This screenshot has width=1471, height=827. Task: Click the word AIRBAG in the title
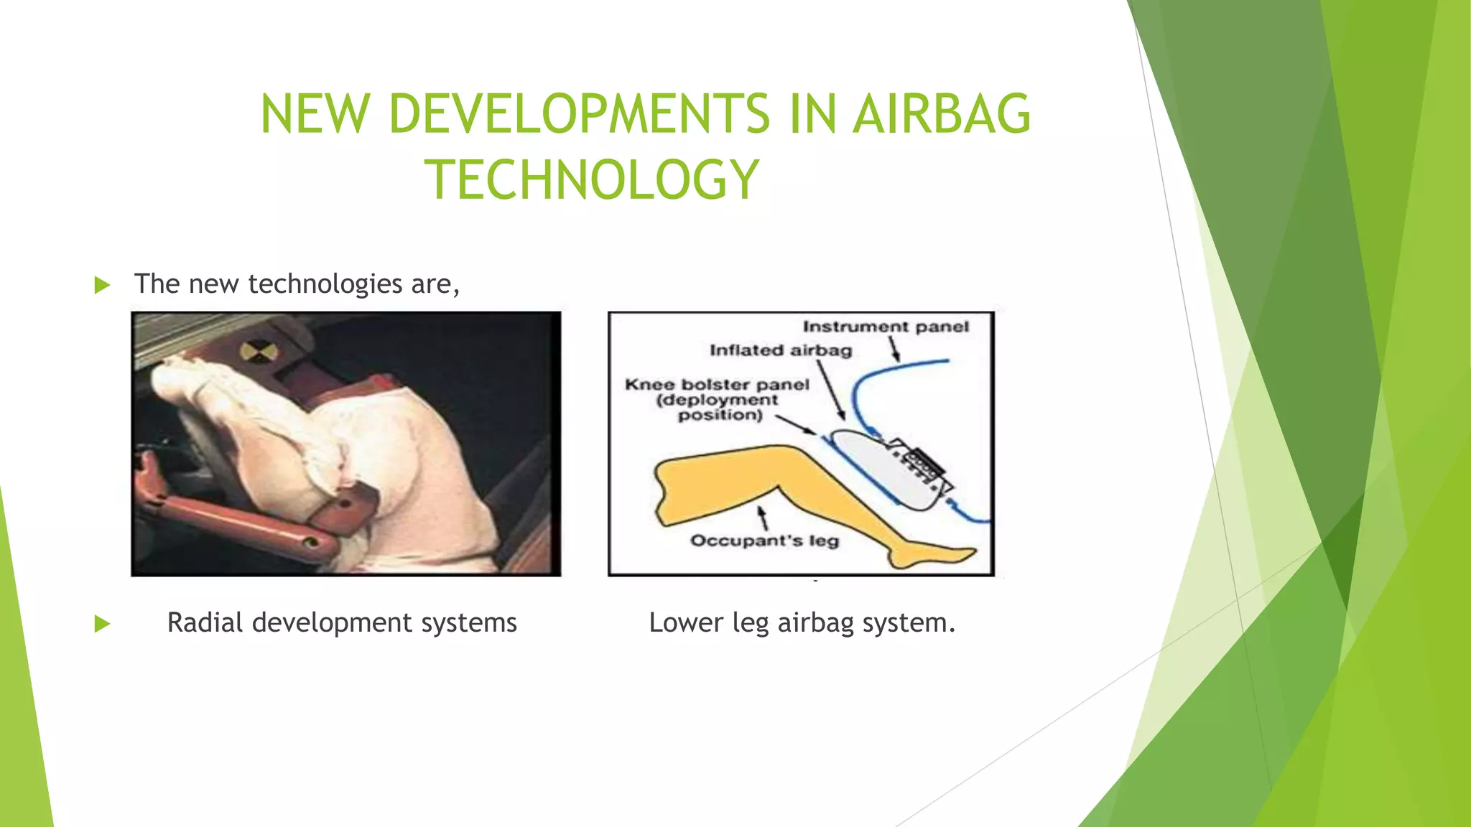click(942, 114)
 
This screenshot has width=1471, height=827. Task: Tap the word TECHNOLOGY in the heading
click(592, 179)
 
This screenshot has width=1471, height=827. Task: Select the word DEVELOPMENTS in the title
click(579, 114)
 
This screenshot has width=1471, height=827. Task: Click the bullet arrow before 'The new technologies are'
click(103, 285)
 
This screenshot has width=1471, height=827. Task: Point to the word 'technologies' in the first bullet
click(325, 284)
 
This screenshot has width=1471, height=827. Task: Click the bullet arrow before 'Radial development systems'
click(103, 624)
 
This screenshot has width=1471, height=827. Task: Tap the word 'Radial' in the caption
click(204, 622)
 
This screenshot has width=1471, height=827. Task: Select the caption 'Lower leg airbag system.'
click(802, 622)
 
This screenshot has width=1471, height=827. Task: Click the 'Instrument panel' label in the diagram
click(885, 327)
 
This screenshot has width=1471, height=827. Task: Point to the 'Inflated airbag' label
click(781, 350)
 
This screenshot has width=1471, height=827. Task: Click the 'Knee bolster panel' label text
click(717, 385)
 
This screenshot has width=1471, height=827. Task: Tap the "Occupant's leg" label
click(764, 541)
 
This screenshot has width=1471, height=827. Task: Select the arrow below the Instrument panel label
click(895, 349)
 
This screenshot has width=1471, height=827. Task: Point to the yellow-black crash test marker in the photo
click(252, 352)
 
